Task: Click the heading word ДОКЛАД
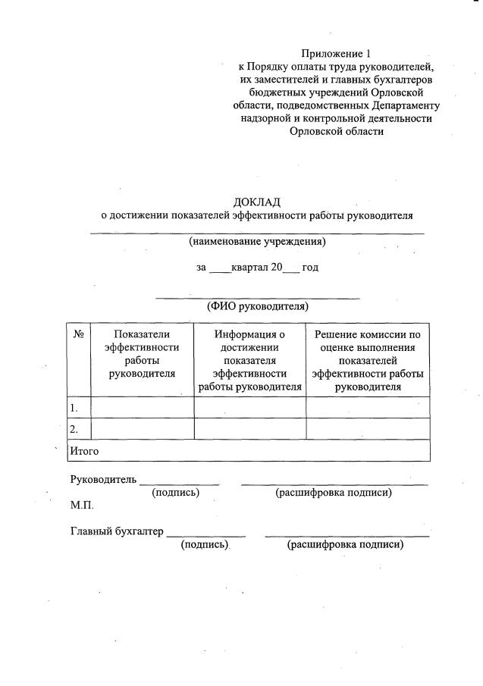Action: (257, 202)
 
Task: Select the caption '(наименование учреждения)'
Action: (257, 243)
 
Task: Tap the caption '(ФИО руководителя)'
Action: (257, 307)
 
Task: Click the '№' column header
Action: (78, 334)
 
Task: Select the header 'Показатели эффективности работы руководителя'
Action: (142, 353)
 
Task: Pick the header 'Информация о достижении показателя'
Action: (249, 360)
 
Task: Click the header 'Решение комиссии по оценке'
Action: (368, 360)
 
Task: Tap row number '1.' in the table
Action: (74, 408)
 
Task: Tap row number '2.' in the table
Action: (74, 429)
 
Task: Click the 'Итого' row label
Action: (84, 451)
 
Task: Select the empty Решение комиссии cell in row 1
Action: (368, 408)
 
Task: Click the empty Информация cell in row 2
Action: (249, 429)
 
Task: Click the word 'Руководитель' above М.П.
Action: (103, 479)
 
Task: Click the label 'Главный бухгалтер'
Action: (117, 531)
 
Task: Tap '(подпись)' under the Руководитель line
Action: (176, 493)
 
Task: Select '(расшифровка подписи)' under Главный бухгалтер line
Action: (345, 545)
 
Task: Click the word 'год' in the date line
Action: (310, 268)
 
